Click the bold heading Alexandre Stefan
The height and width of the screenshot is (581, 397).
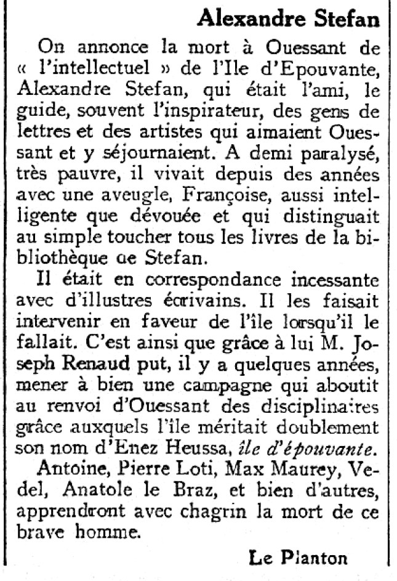tap(288, 19)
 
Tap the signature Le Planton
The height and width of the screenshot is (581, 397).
tap(298, 558)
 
